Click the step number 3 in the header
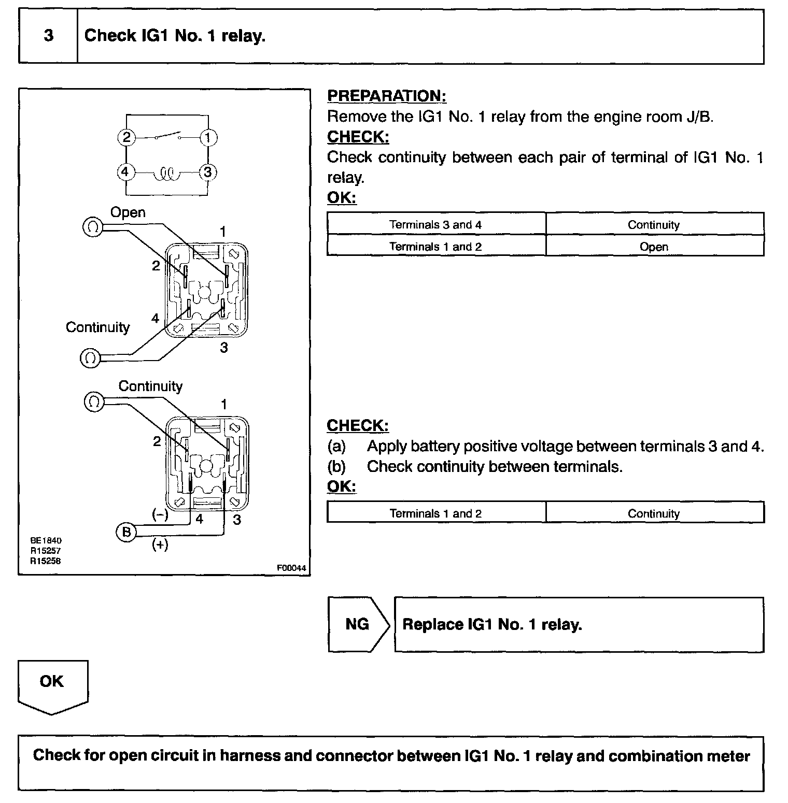click(x=48, y=36)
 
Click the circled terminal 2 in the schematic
click(x=126, y=138)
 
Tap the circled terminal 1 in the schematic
click(x=208, y=138)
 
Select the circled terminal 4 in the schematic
click(x=125, y=172)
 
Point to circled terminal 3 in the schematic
click(x=208, y=172)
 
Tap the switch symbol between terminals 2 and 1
click(x=167, y=136)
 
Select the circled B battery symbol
click(x=126, y=532)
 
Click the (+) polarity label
click(x=160, y=544)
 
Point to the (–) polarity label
click(x=159, y=514)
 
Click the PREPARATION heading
click(x=386, y=96)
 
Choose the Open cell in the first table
click(x=654, y=247)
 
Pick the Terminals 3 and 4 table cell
click(x=435, y=225)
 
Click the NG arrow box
click(x=358, y=624)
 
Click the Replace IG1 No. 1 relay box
click(x=579, y=624)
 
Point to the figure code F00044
click(x=292, y=568)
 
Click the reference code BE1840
click(x=46, y=540)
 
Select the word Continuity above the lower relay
click(x=150, y=386)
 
